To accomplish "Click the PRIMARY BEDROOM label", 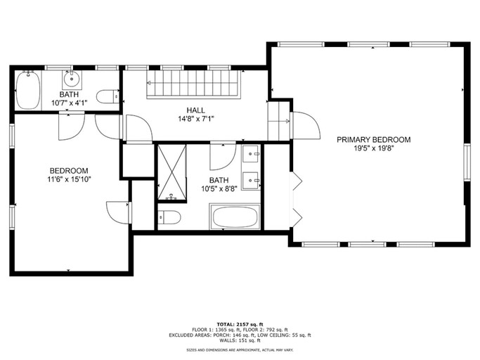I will coord(373,139).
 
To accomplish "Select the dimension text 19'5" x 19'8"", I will coord(373,148).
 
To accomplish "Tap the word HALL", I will coord(196,110).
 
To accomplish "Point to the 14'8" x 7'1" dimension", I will coord(196,119).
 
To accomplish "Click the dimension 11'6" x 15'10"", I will coord(69,179).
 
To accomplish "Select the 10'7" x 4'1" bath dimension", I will coord(69,103).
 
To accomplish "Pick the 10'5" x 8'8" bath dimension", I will coord(219,189).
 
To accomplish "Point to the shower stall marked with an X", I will coord(171,172).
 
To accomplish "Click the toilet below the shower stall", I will coord(169,217).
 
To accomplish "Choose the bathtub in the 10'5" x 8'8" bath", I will coord(235,217).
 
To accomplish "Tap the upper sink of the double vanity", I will coord(252,153).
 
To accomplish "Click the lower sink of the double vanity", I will coord(252,181).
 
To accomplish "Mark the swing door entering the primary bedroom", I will coord(303,125).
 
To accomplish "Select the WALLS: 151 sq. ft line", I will coord(240,341).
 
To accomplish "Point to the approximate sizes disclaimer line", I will coord(240,349).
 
